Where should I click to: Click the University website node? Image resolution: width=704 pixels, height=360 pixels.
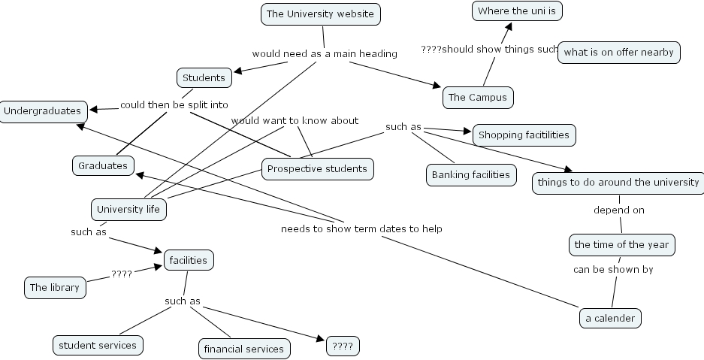click(x=320, y=14)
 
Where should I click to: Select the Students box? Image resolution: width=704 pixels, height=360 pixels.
click(x=204, y=77)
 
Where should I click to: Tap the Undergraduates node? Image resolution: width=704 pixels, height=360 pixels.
click(x=42, y=111)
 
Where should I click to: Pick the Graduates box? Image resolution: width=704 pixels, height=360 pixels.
click(x=103, y=165)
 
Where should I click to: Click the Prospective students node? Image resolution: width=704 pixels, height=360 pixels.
click(x=317, y=169)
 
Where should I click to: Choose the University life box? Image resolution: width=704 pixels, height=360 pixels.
click(x=128, y=209)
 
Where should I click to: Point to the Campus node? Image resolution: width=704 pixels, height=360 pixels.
click(x=477, y=97)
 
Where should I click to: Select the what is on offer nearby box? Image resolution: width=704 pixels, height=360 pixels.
click(x=618, y=53)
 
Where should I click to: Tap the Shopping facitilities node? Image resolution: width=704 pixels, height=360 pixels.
click(x=524, y=135)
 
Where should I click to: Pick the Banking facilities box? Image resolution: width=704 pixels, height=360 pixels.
click(x=471, y=175)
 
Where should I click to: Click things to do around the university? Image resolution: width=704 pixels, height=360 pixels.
click(x=618, y=183)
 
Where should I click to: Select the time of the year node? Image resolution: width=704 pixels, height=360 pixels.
click(x=621, y=244)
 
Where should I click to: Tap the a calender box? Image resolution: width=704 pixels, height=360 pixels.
click(x=610, y=318)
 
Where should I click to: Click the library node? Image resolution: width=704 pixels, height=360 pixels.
click(x=54, y=287)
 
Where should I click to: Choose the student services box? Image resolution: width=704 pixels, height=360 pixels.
click(x=98, y=345)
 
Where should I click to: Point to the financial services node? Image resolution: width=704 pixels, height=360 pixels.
click(x=244, y=349)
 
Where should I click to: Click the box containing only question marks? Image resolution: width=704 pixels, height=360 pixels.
click(x=343, y=346)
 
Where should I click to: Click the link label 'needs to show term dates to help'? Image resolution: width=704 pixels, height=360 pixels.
click(x=361, y=228)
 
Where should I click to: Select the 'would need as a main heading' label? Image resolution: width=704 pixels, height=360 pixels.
click(x=324, y=53)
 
